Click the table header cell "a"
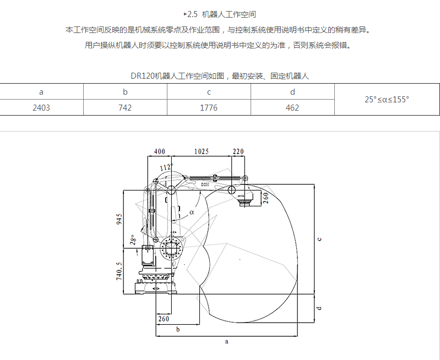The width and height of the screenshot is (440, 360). point(41,92)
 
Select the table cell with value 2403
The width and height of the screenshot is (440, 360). point(41,107)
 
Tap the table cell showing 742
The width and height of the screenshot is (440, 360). point(125,107)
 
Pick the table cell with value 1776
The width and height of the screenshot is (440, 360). point(209,107)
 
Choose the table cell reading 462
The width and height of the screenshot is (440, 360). point(292,107)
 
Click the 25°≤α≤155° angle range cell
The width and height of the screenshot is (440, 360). point(387,100)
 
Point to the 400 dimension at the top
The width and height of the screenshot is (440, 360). point(159,151)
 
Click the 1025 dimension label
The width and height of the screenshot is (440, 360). point(202,151)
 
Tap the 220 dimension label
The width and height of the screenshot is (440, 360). point(238,151)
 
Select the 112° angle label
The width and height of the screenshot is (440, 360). point(166,167)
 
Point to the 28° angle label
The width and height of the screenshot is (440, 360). point(132,239)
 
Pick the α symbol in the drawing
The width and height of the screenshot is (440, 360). point(192,211)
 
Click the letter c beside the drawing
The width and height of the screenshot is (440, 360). point(319,238)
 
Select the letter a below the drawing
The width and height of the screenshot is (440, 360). point(226,341)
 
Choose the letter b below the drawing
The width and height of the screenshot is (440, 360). point(177,329)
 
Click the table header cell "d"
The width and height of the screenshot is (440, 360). point(292,92)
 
